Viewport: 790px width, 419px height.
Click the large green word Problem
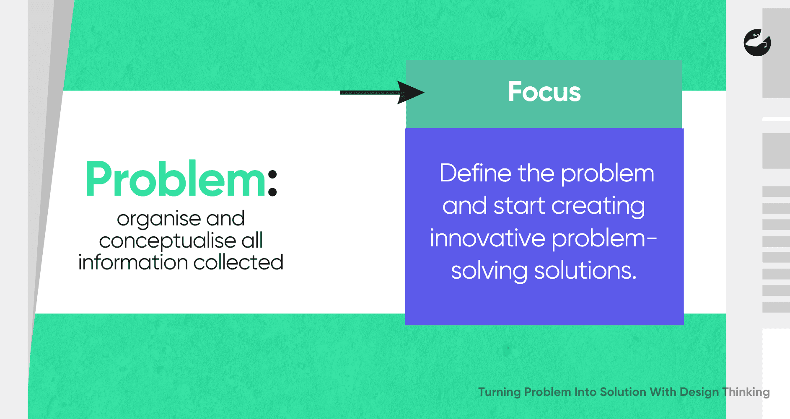[175, 179]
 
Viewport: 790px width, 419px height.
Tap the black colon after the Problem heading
[272, 183]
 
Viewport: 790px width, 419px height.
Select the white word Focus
[544, 92]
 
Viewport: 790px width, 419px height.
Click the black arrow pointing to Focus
[382, 93]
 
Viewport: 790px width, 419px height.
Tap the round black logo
[757, 43]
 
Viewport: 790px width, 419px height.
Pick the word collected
[238, 262]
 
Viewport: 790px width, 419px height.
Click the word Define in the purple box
[476, 173]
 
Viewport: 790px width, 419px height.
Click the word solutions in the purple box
[585, 271]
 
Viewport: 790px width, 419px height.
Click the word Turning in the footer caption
[500, 392]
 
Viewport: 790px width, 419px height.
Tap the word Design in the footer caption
[699, 392]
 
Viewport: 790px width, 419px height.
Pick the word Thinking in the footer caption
[746, 392]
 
